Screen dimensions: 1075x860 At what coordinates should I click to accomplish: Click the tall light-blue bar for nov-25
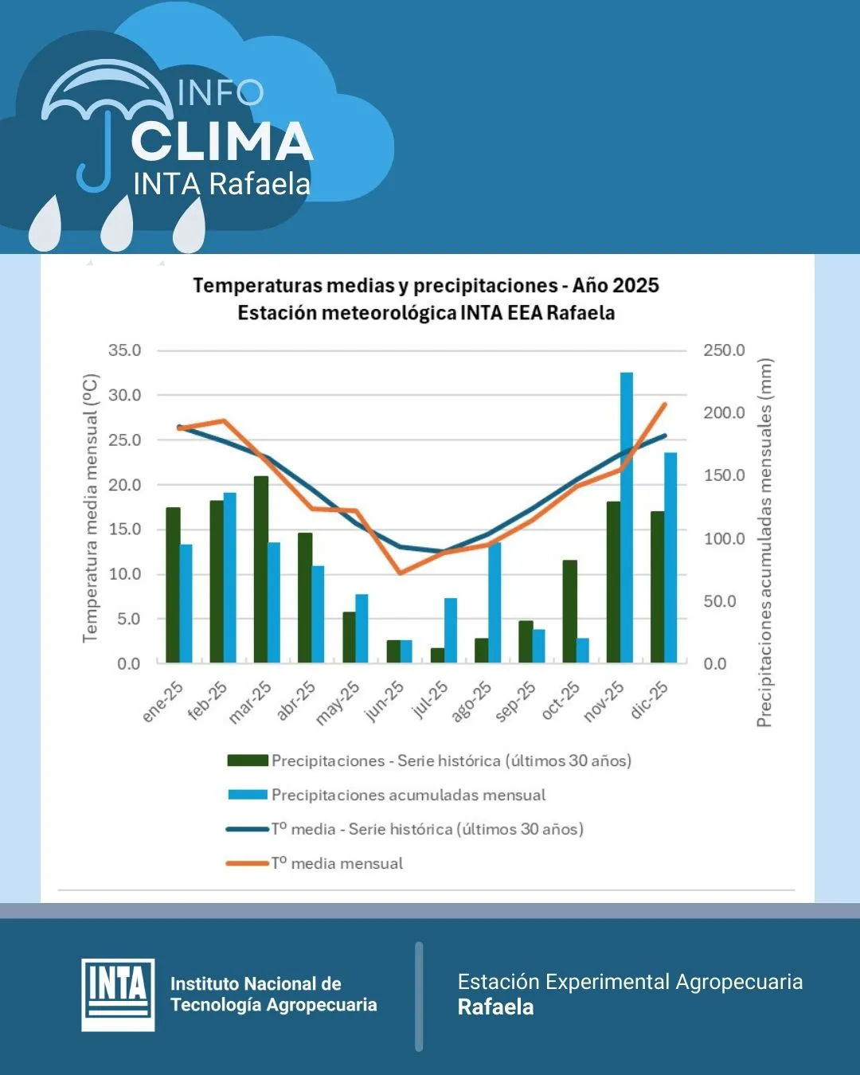point(627,518)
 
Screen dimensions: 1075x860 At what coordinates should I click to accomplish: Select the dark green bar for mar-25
point(261,569)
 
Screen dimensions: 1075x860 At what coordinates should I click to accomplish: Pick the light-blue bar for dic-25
point(670,557)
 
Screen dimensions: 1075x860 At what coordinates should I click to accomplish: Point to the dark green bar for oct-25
point(569,612)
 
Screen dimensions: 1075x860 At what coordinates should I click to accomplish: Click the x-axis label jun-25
point(385,701)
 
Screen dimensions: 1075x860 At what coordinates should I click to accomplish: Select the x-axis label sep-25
point(516,702)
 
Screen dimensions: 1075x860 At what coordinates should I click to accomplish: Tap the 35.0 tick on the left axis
point(124,350)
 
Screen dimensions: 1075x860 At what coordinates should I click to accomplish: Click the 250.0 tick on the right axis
point(724,350)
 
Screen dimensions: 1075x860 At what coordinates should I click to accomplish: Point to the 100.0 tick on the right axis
point(724,538)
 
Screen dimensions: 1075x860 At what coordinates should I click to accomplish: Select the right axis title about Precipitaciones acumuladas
point(764,542)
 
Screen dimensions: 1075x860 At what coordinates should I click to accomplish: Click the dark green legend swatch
point(247,760)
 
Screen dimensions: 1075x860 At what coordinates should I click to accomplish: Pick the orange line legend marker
point(247,863)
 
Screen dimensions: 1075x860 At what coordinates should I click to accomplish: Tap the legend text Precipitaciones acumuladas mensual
point(408,795)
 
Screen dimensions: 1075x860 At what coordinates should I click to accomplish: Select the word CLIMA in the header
point(222,143)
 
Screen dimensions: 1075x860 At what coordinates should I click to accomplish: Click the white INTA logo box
point(118,995)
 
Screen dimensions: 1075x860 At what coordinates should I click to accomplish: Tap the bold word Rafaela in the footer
point(495,1007)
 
